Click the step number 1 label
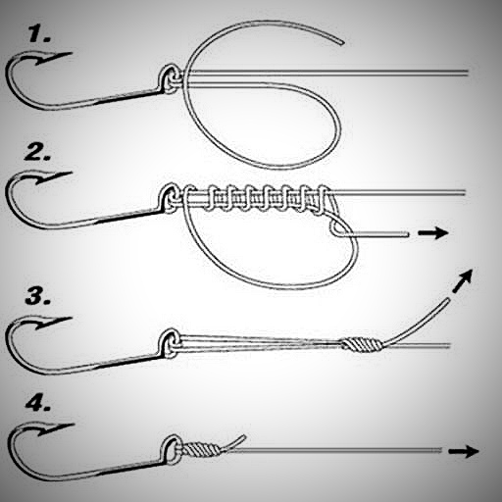point(39,34)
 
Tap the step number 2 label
point(37,153)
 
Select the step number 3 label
point(37,297)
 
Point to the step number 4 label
point(38,404)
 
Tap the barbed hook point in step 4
point(54,428)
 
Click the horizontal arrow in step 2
point(433,233)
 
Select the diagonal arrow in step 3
point(463,280)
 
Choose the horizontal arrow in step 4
point(464,451)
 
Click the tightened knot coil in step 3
point(362,345)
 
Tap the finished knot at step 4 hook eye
point(200,450)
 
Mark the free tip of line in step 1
point(341,42)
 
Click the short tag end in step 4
point(232,442)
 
